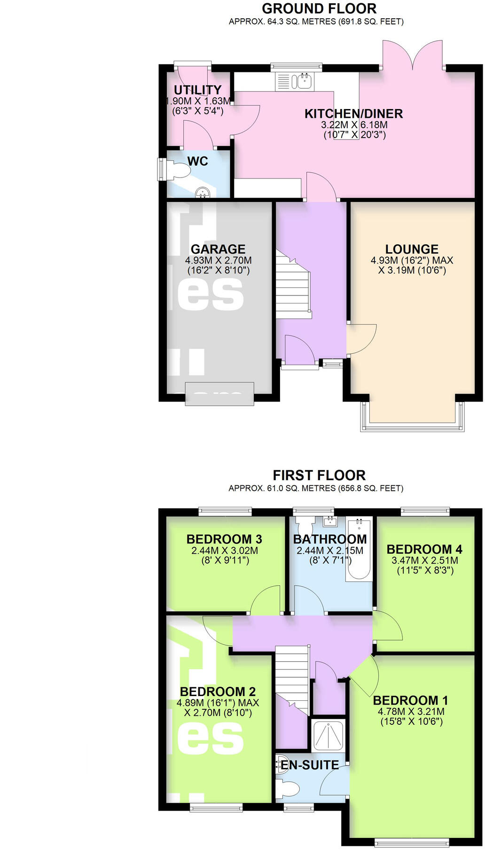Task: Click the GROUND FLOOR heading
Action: coord(319,8)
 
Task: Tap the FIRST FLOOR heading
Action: coord(319,475)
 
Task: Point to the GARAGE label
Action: coord(218,249)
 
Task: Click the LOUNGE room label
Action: coord(412,249)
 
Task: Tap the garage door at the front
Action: coord(219,394)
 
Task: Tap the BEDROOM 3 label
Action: coord(224,539)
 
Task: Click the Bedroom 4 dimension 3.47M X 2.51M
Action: coord(424,560)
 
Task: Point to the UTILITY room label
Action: coord(197,90)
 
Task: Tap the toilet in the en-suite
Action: coord(288,788)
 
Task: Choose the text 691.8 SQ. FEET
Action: coord(370,22)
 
